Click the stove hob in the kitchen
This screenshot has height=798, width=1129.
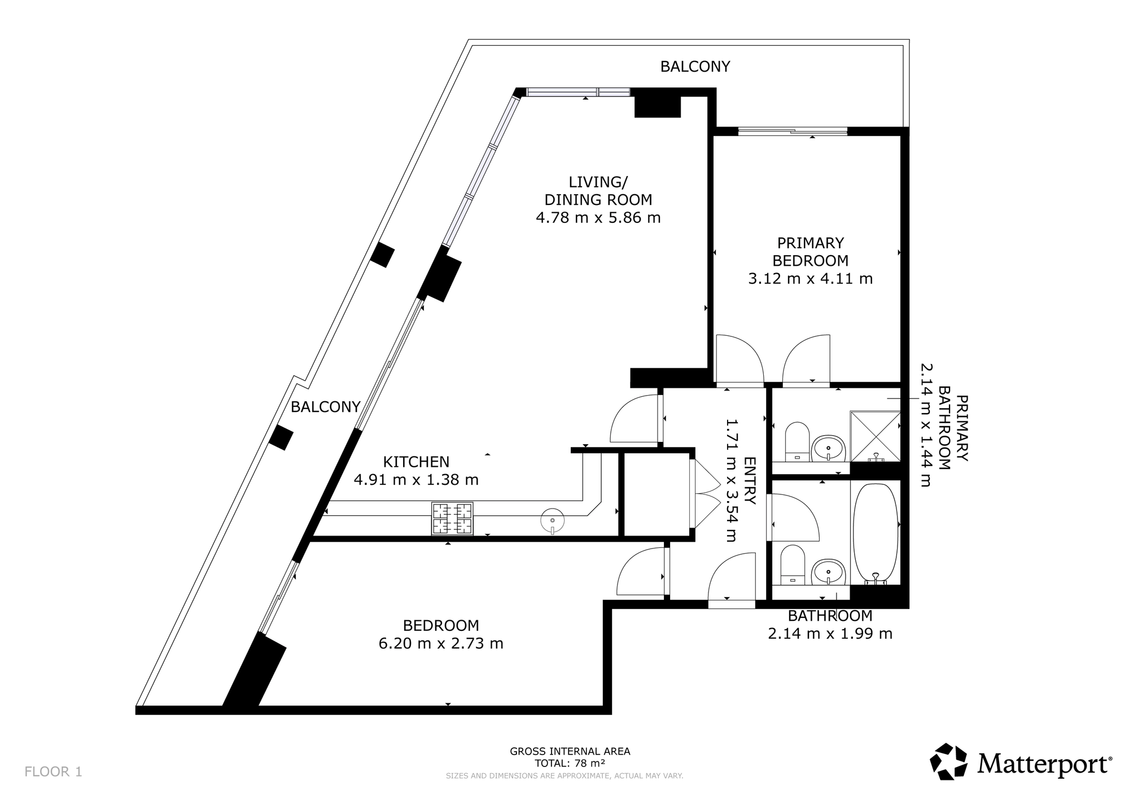[452, 519]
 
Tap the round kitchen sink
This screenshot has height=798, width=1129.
[553, 520]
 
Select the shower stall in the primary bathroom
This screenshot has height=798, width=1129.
[875, 436]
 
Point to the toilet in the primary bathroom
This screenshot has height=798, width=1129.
[798, 441]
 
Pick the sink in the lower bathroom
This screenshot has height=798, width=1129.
[828, 572]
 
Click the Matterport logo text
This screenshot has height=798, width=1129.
[1044, 765]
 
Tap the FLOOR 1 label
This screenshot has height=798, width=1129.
[54, 771]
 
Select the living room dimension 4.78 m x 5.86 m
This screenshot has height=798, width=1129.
[598, 218]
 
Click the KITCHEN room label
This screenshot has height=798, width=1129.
[416, 462]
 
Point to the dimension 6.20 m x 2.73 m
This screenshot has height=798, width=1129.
[441, 643]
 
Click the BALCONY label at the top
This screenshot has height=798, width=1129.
[695, 67]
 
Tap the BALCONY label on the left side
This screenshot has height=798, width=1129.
[325, 407]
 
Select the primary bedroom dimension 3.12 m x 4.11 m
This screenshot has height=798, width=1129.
[810, 279]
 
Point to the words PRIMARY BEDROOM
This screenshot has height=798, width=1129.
[810, 252]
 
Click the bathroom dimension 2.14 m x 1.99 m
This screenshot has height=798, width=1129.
[830, 634]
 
